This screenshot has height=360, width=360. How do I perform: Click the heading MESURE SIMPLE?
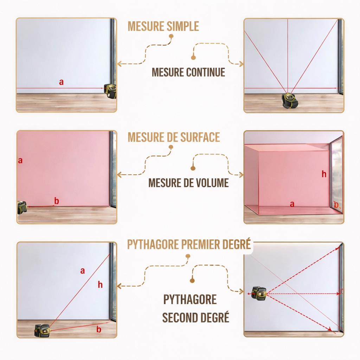[163, 26]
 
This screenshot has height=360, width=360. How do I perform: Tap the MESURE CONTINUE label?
[188, 72]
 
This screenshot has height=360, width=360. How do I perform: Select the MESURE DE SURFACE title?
[174, 137]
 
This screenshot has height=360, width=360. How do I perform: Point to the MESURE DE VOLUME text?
[188, 183]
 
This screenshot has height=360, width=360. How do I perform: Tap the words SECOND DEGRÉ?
[195, 317]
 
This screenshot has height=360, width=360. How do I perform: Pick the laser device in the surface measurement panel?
[22, 207]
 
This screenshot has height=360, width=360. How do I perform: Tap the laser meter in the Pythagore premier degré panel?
[42, 330]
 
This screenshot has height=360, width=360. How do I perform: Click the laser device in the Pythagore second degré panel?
[259, 293]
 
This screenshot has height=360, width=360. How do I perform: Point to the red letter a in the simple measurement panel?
[62, 82]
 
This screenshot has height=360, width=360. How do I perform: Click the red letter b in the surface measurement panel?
[57, 201]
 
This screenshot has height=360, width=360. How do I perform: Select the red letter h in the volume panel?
[324, 174]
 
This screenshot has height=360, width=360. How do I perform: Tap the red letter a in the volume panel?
[292, 204]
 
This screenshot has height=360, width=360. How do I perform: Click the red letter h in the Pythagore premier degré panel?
[100, 285]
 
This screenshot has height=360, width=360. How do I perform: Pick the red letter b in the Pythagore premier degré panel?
[99, 329]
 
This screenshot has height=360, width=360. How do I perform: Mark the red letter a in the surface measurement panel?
[20, 161]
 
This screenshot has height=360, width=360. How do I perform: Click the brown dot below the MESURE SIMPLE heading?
[171, 36]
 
